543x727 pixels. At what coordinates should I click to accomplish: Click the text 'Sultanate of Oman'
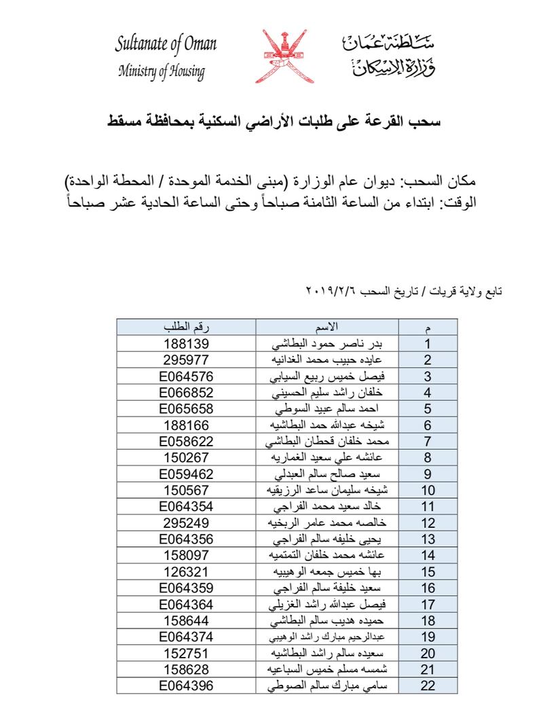(x=166, y=45)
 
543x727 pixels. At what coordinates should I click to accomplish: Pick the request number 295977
(x=187, y=359)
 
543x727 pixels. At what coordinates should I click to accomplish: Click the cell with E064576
(x=187, y=376)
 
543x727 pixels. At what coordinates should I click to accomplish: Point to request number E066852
(x=187, y=392)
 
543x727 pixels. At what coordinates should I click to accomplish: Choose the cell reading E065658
(x=187, y=408)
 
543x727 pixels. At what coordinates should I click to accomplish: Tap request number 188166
(x=187, y=425)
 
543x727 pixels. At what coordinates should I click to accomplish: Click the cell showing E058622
(x=187, y=441)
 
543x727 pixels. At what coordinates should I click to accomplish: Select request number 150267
(x=187, y=457)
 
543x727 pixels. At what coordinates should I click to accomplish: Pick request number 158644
(x=187, y=620)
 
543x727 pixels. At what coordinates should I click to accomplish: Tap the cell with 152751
(x=187, y=653)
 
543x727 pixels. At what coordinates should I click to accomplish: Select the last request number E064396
(x=187, y=686)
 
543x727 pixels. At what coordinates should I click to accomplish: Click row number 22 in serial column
(x=428, y=686)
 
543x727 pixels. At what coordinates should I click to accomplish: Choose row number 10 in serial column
(x=428, y=490)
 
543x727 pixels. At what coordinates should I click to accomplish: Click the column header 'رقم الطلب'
(x=187, y=327)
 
